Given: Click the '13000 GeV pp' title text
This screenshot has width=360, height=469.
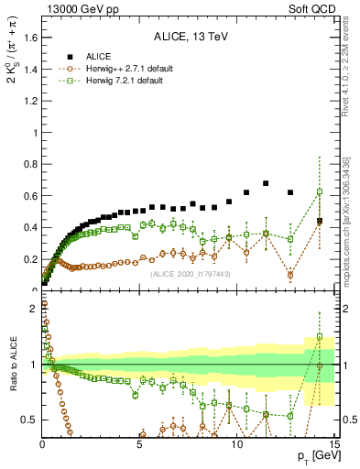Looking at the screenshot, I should click(x=82, y=9).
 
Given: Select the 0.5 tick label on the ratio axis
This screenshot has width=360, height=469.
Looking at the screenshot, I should click(x=30, y=420).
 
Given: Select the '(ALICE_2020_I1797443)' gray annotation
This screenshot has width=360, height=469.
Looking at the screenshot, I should click(x=191, y=275).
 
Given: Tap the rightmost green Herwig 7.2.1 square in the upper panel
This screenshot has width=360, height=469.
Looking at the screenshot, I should click(x=319, y=191).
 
